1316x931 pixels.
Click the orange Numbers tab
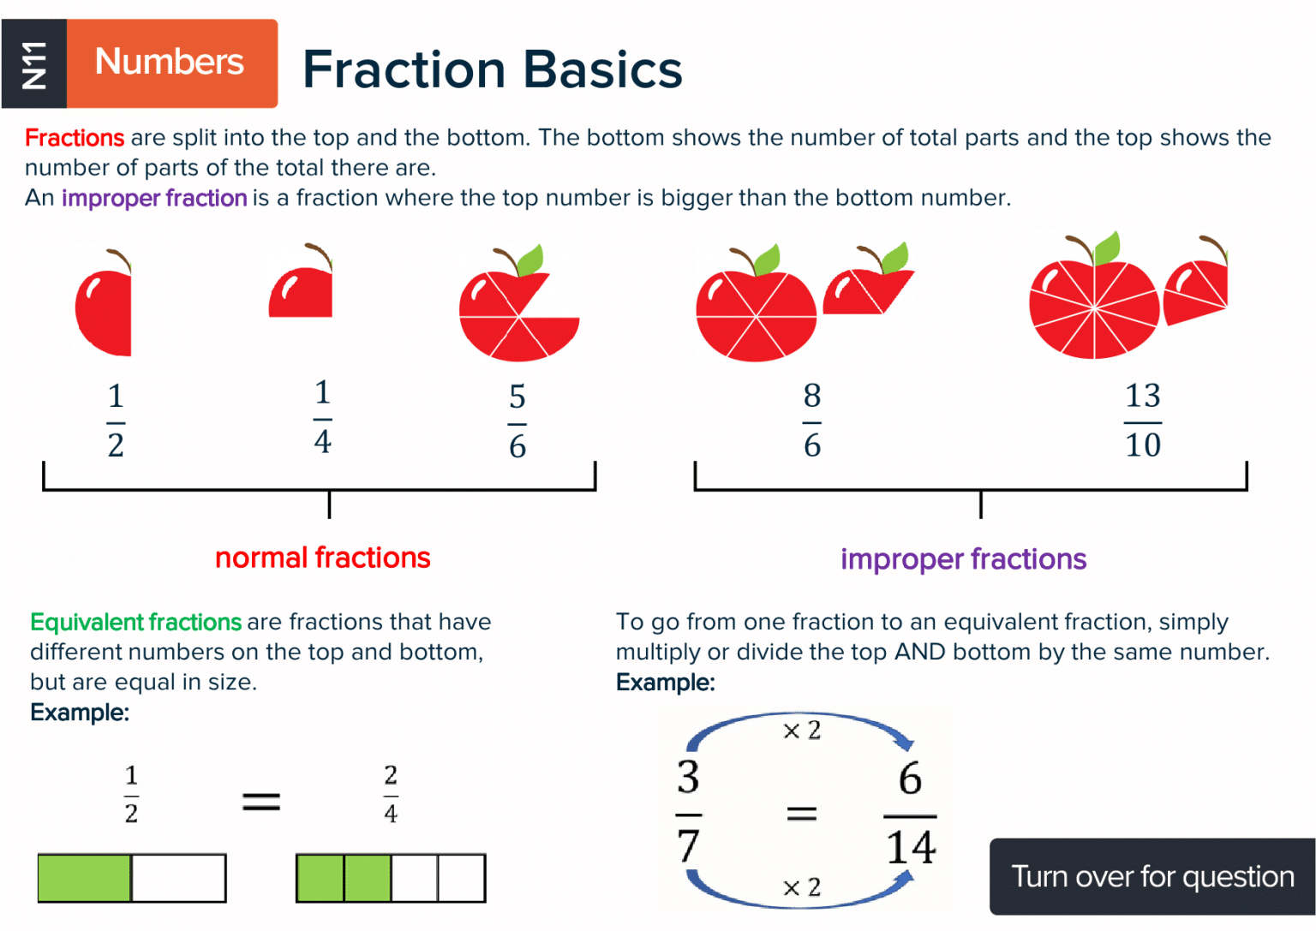coord(171,63)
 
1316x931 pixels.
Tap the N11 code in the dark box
coord(34,64)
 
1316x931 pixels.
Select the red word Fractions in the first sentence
coord(75,138)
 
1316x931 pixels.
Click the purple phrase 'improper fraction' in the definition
coord(154,198)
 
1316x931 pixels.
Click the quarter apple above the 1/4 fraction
coord(302,292)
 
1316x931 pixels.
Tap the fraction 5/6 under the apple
coord(517,421)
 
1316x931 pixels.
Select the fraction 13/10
coord(1143,421)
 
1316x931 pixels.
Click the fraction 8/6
coord(812,421)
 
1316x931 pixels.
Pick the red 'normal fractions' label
coord(322,558)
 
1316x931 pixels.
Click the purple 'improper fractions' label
coord(963,559)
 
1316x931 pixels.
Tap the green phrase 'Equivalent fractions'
coord(136,622)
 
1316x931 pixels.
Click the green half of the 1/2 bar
coord(85,878)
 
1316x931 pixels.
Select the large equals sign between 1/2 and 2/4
coord(261,802)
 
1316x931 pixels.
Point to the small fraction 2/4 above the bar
coord(391,794)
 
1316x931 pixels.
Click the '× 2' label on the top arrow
coord(802,731)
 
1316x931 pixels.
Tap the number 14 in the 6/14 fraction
coord(911,847)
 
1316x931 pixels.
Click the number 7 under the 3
coord(688,845)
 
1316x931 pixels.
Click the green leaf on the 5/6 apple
coord(530,259)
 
